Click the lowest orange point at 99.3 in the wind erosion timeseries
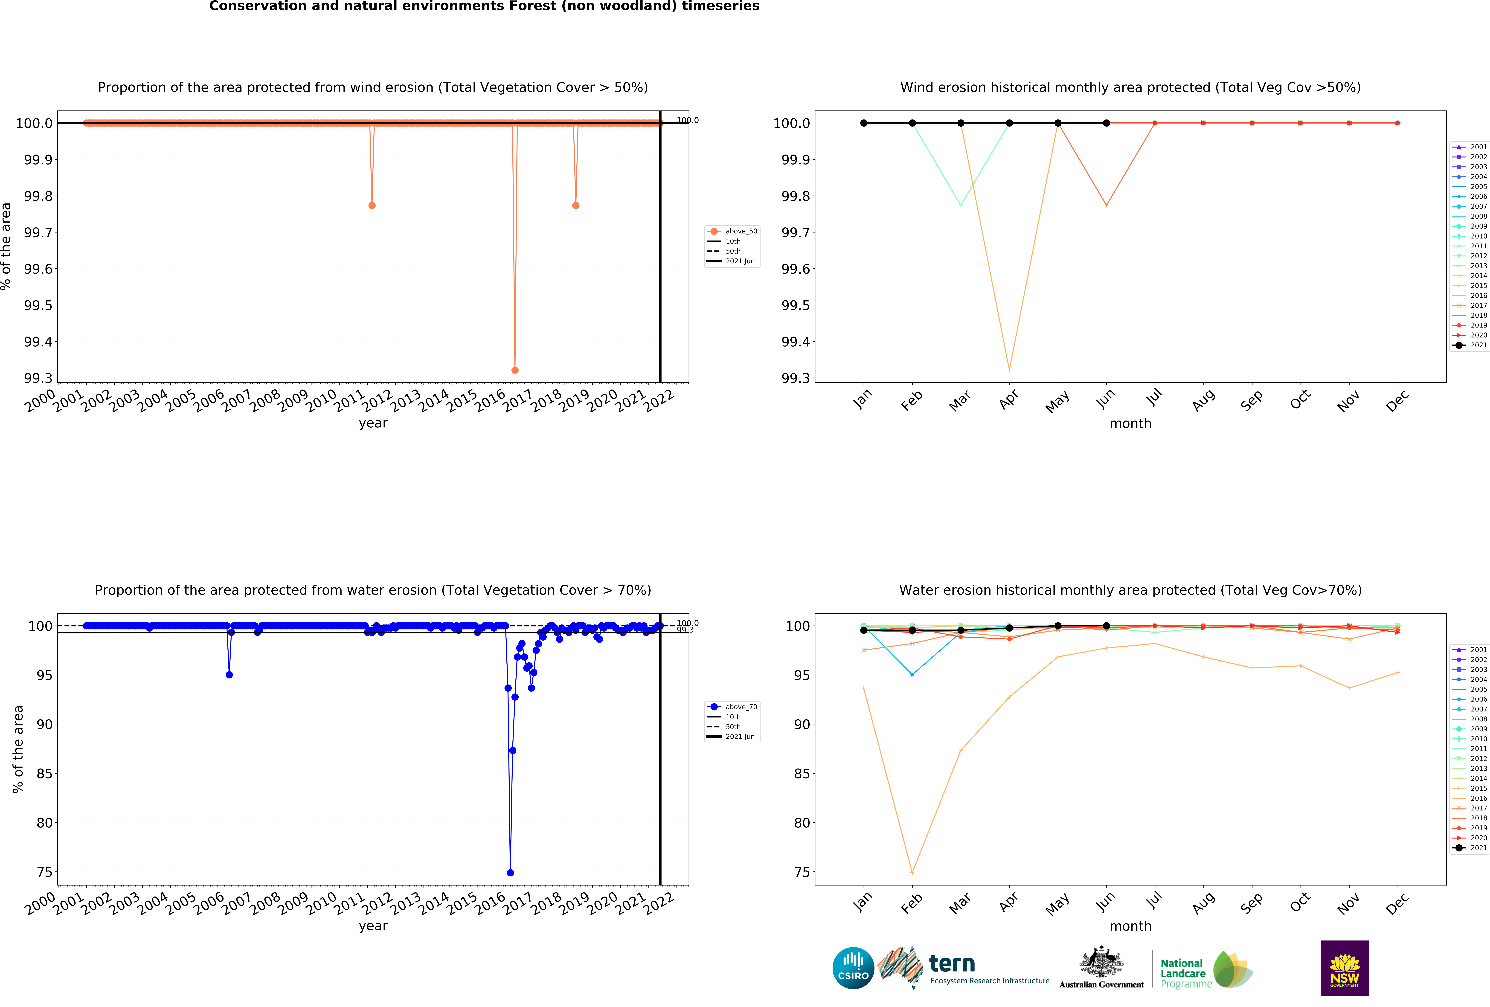(515, 370)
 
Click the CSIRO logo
(853, 968)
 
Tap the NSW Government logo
(1345, 968)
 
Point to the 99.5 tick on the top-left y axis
(38, 305)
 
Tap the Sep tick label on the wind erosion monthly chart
(1251, 401)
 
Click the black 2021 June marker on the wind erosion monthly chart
(1107, 123)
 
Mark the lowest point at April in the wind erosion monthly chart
(1009, 370)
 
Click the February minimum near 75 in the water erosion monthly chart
(912, 872)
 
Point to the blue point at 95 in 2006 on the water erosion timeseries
(229, 675)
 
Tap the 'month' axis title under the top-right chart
(1130, 424)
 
